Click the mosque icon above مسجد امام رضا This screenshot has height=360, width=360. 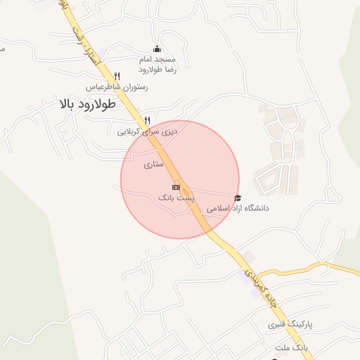tap(157, 49)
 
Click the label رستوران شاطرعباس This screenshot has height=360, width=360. tap(117, 87)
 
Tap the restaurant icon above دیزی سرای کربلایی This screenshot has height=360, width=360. tap(147, 120)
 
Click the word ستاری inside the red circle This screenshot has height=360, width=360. tap(153, 165)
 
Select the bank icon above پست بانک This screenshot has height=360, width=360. tap(176, 187)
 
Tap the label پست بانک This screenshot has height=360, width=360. tap(176, 198)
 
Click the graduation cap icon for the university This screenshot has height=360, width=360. tap(238, 198)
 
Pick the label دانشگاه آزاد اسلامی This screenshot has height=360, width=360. tap(238, 209)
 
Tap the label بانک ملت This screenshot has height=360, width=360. tap(291, 348)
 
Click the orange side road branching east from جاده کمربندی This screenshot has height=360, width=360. tap(309, 266)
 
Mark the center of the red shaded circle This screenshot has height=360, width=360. tap(180, 179)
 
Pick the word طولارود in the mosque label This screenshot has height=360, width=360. tap(150, 70)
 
